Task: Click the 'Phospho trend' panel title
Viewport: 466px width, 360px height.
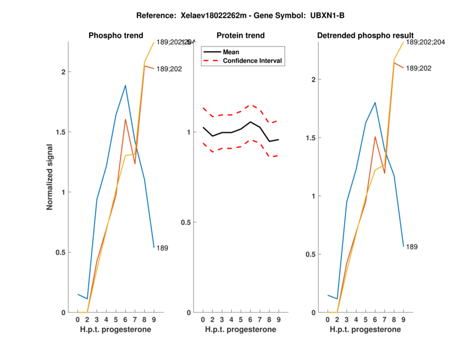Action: (x=115, y=36)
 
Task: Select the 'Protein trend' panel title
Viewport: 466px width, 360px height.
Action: (x=240, y=36)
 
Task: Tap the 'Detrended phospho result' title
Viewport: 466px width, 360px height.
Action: (x=365, y=36)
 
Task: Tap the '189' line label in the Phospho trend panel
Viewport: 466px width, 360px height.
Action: (x=163, y=248)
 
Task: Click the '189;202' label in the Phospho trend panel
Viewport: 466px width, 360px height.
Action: (x=169, y=69)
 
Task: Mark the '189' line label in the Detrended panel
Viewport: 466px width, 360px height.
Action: (x=412, y=247)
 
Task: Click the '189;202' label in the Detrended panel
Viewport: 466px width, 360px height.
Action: (x=419, y=69)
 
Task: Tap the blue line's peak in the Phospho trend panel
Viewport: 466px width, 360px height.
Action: (x=125, y=86)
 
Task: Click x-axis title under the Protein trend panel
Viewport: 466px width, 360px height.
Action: (x=240, y=330)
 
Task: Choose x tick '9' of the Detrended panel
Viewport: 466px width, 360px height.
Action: (x=404, y=320)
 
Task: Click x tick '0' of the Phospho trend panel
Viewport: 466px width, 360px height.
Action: (x=77, y=320)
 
